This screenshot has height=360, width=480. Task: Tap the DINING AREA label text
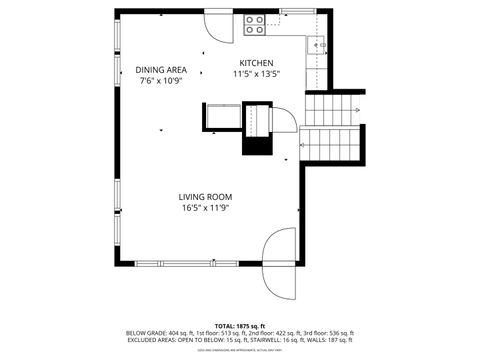161,69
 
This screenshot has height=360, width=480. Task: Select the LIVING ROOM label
206,196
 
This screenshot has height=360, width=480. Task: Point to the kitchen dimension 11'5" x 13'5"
257,73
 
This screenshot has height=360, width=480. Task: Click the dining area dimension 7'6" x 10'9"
161,80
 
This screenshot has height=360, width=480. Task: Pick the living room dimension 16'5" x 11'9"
206,208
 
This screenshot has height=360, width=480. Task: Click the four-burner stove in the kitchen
254,23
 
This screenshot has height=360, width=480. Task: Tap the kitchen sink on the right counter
321,45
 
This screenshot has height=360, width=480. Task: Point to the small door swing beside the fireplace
284,120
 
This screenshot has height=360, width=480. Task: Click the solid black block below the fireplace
258,145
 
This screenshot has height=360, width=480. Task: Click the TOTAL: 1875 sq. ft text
240,326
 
